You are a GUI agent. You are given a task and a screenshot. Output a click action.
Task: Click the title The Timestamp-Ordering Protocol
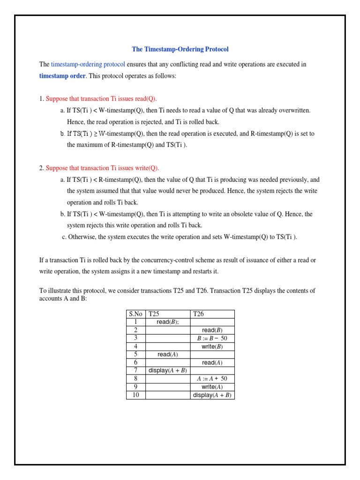click(x=180, y=49)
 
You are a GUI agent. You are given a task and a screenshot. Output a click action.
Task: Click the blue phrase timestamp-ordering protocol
click(x=88, y=64)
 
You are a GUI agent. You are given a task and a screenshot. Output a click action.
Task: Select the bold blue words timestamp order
click(x=62, y=76)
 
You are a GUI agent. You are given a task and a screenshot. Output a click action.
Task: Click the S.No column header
click(x=135, y=314)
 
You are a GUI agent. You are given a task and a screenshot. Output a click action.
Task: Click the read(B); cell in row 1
click(x=168, y=322)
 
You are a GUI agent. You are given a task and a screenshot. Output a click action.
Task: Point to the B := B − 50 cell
click(x=212, y=338)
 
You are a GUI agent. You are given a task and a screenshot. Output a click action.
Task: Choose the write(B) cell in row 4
click(x=212, y=346)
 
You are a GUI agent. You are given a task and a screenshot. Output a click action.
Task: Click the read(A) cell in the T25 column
click(x=168, y=354)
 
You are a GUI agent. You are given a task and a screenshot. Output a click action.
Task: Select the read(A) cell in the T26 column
click(x=212, y=362)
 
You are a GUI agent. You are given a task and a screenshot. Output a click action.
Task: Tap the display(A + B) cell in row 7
click(x=168, y=370)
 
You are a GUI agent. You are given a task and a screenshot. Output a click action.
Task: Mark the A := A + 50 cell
click(x=212, y=378)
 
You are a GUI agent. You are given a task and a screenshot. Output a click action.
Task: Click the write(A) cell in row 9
click(x=212, y=387)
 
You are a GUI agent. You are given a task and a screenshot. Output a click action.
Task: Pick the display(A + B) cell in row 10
click(x=212, y=395)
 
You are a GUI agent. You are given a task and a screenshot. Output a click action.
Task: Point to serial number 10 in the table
click(x=135, y=395)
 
